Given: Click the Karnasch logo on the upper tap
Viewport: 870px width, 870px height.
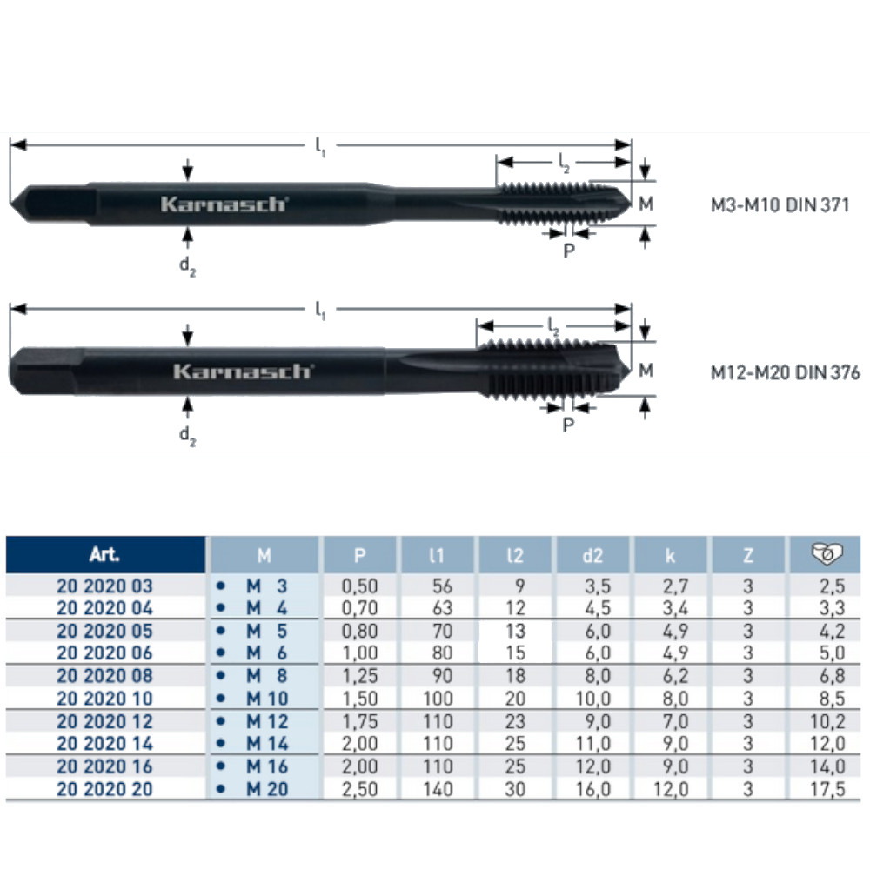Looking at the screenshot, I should pos(224,204).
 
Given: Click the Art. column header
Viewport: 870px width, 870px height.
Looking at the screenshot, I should pos(104,554).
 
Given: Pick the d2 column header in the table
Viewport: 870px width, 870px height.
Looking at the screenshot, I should pos(592,554).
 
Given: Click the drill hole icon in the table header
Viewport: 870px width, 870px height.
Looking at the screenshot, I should pos(826,554).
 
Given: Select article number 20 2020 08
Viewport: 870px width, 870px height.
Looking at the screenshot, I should pos(104,676).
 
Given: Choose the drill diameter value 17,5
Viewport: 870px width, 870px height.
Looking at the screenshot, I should pos(828,789).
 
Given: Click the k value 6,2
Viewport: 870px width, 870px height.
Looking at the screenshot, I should pos(671,676).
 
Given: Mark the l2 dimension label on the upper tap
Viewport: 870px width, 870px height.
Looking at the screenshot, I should pos(564,162).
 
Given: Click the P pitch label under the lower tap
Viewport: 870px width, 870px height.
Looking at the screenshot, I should pos(568,425).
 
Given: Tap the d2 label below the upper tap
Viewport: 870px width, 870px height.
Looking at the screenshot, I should pos(188,266).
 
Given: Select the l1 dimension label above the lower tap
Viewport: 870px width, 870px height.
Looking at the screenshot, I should pos(320,309).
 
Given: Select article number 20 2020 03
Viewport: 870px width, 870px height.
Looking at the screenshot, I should pos(104,586).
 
